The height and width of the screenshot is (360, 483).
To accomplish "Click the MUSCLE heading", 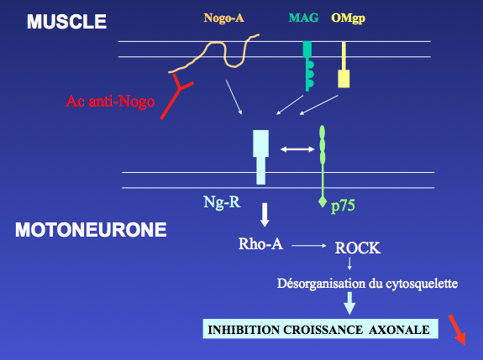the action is pyautogui.click(x=66, y=22).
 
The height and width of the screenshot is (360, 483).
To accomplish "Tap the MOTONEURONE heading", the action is pyautogui.click(x=91, y=230).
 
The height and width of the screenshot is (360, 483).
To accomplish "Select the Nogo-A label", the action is pyautogui.click(x=224, y=18).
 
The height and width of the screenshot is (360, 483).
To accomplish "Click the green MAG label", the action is pyautogui.click(x=303, y=18).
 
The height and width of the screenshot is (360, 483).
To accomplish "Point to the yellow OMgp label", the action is pyautogui.click(x=348, y=18).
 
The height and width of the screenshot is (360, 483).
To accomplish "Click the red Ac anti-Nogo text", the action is pyautogui.click(x=110, y=102).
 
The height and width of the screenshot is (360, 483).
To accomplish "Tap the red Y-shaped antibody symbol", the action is pyautogui.click(x=176, y=97).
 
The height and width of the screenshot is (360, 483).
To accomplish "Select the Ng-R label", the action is pyautogui.click(x=222, y=203).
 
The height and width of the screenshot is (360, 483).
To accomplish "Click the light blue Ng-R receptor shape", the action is pyautogui.click(x=260, y=157).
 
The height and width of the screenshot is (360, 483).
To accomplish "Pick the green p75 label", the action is pyautogui.click(x=343, y=206).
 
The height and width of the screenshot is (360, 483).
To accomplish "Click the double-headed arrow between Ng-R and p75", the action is pyautogui.click(x=297, y=149).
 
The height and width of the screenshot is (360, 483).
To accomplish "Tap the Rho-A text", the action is pyautogui.click(x=260, y=244).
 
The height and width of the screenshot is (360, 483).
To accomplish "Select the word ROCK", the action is pyautogui.click(x=358, y=248).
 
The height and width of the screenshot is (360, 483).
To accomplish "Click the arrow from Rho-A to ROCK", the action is pyautogui.click(x=309, y=246).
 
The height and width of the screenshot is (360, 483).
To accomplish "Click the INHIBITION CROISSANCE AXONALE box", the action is pyautogui.click(x=320, y=329).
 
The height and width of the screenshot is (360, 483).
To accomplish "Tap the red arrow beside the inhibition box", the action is pyautogui.click(x=457, y=330).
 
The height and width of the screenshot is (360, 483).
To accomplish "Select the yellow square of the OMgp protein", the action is pyautogui.click(x=344, y=79).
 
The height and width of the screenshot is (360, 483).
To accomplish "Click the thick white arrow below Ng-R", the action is pyautogui.click(x=265, y=215).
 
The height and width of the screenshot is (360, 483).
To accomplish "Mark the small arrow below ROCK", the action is pyautogui.click(x=349, y=263).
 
